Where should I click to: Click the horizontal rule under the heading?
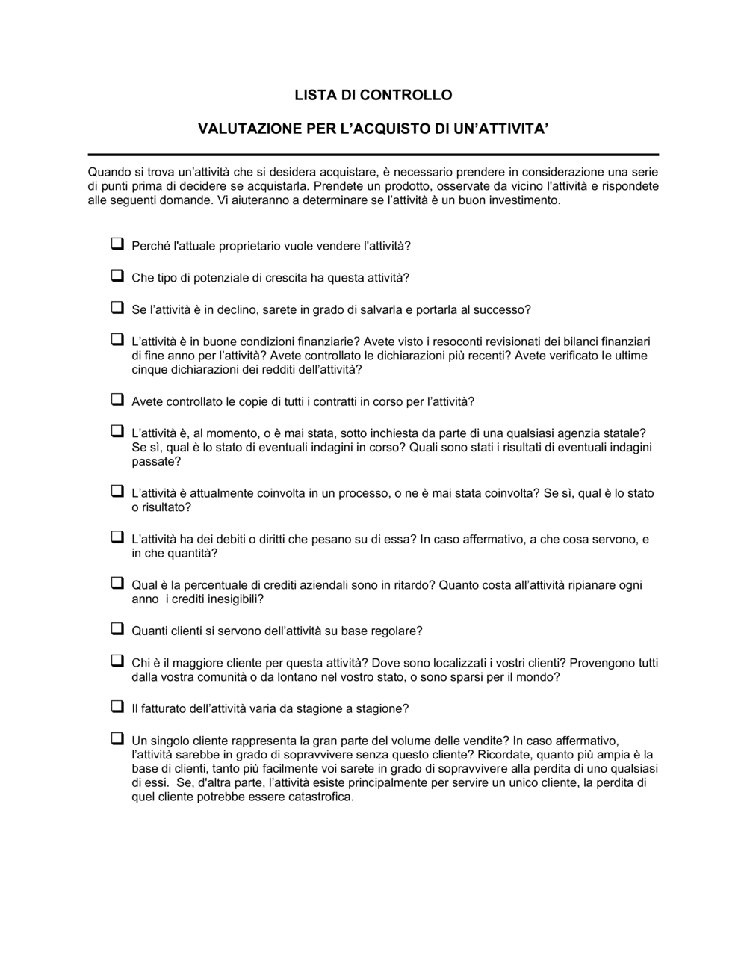373,154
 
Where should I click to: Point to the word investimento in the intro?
523,200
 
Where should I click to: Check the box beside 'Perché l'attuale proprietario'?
117,244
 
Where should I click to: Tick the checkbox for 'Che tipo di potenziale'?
117,276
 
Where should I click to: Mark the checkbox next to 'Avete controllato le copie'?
117,400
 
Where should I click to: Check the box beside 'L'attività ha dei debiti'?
117,537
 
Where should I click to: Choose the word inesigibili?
229,599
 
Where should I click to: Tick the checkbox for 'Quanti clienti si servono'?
117,629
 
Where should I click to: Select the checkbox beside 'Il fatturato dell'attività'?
117,706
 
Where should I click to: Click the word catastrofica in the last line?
317,797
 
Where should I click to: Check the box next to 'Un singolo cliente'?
117,738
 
